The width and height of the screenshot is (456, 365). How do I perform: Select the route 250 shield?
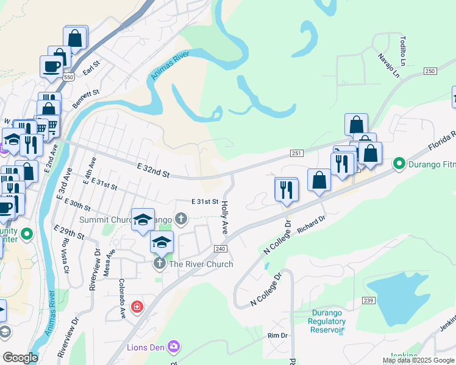(430, 71)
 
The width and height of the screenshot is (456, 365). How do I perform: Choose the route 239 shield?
(368, 300)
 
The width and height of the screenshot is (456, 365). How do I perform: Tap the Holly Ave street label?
(224, 218)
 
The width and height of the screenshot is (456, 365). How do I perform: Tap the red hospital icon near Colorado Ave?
(137, 306)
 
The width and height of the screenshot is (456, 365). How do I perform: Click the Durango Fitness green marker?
(400, 163)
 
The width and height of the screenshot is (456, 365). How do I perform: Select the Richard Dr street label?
(312, 224)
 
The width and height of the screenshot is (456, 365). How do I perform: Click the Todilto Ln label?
(403, 50)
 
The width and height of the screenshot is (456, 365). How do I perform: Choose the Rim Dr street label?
(277, 335)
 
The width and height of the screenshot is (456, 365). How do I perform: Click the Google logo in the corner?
(20, 358)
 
